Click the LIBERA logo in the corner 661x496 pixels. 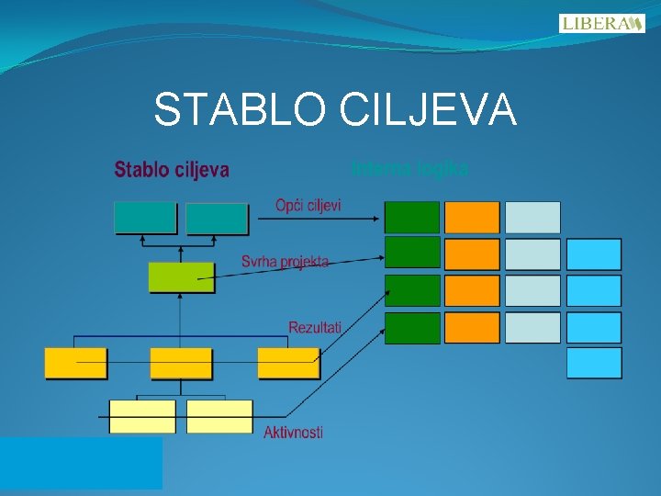coord(601,23)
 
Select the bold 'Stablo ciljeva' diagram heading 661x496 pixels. coord(172,170)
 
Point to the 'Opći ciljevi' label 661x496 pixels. coord(308,205)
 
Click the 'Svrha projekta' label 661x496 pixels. coord(285,262)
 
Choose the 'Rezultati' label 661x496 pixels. coord(315,327)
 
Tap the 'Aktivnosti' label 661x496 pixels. coord(293,432)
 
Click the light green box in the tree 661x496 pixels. coord(182,277)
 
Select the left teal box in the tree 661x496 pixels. coord(145,218)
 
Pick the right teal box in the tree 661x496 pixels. coord(217,219)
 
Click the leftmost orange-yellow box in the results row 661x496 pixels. coord(76,363)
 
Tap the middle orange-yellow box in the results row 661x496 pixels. coord(181,363)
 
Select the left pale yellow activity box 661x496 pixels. coord(142,416)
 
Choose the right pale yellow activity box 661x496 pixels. coord(219,416)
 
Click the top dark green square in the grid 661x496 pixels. coord(412,217)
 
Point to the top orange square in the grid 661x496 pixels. coord(472,217)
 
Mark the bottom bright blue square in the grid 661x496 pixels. coord(594,363)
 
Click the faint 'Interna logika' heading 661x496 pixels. coord(409,169)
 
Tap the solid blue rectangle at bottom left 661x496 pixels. coord(81,462)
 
